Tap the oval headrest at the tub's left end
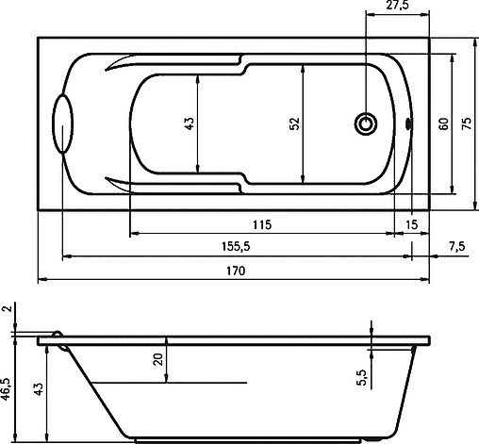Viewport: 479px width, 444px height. [x=62, y=123]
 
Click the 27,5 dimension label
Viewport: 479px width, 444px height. [x=397, y=8]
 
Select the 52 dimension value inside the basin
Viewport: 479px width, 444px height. [x=294, y=123]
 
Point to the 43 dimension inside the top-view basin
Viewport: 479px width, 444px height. [x=190, y=123]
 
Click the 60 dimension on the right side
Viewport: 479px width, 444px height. [x=441, y=123]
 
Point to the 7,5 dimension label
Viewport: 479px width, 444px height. [x=455, y=246]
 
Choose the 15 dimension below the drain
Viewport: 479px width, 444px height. [x=410, y=223]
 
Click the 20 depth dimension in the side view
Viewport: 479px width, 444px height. [x=158, y=358]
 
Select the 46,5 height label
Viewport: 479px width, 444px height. [x=8, y=388]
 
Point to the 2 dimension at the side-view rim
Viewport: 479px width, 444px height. [x=8, y=310]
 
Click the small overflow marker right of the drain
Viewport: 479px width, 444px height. [x=409, y=123]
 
